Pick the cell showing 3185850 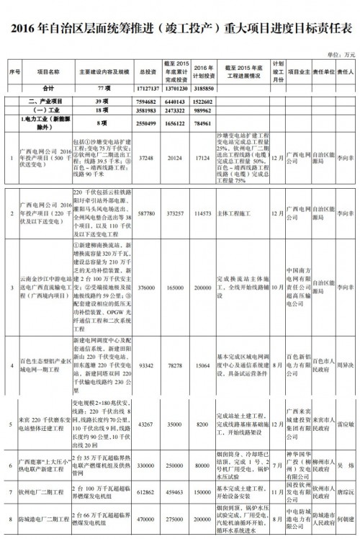(x=204, y=87)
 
